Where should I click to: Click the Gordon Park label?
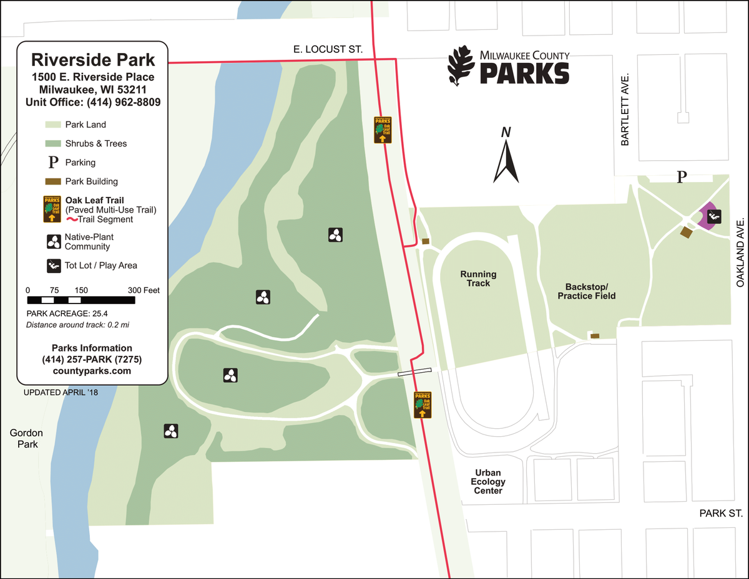pos(26,438)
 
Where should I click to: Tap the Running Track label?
pos(478,279)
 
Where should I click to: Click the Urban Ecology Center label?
pos(488,482)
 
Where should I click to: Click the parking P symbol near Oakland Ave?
pos(682,177)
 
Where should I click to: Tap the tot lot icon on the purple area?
pos(715,216)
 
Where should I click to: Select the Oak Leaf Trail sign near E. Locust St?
pos(382,130)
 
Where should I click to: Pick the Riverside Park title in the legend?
pos(92,60)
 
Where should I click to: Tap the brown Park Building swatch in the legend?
pos(54,181)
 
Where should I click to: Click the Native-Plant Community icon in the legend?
pos(53,241)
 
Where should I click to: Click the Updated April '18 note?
pos(61,392)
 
